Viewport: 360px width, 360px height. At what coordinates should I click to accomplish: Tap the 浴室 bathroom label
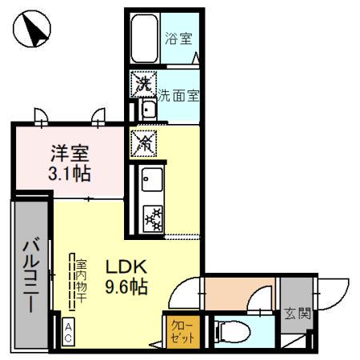178,37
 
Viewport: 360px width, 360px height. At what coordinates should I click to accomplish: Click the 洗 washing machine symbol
143,82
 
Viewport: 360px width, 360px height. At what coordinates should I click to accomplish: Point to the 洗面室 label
177,94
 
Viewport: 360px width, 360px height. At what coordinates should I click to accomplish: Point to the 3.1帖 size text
70,173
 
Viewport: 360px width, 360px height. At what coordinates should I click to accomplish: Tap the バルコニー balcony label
30,277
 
